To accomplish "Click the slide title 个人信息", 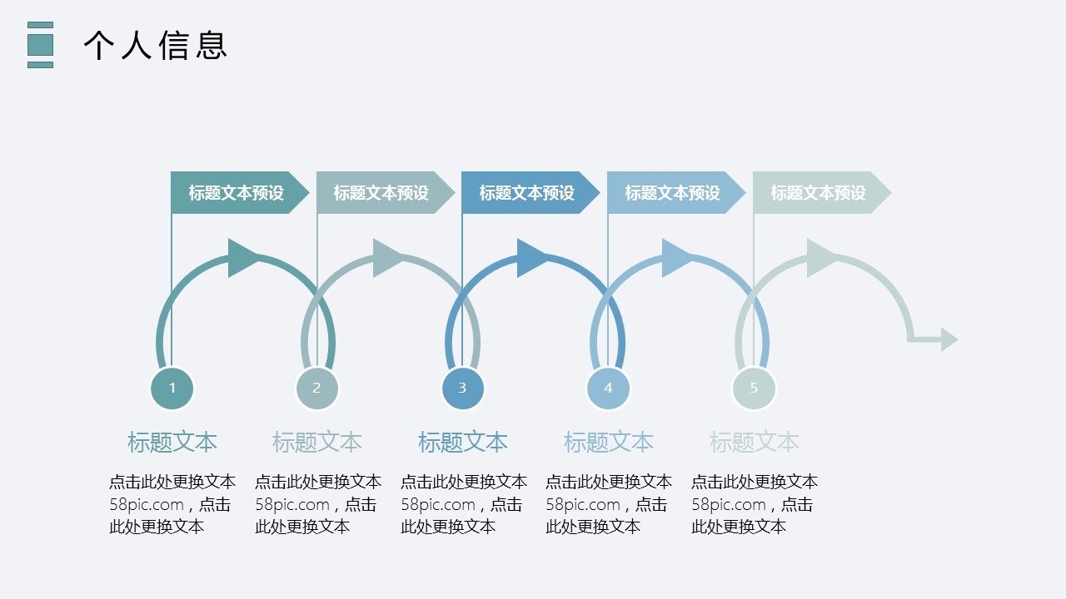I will [x=155, y=45].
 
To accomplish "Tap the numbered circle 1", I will [x=172, y=388].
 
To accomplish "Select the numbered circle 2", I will [x=316, y=388].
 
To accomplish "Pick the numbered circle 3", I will [x=462, y=388].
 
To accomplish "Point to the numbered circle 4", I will [x=608, y=388].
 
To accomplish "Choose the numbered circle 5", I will [x=754, y=388].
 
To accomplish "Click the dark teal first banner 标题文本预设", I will [x=237, y=193].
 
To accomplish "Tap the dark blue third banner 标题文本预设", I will [x=527, y=193].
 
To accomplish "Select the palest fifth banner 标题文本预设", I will [x=818, y=193].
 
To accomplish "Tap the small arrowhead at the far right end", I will [x=949, y=339].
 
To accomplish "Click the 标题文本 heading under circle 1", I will [x=172, y=442].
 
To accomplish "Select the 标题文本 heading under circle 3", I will [x=462, y=442].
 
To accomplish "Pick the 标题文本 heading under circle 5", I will [x=754, y=442].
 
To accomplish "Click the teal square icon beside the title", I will [x=40, y=45].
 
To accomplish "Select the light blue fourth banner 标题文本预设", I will [x=673, y=193].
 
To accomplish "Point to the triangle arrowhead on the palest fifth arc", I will [x=821, y=258].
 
